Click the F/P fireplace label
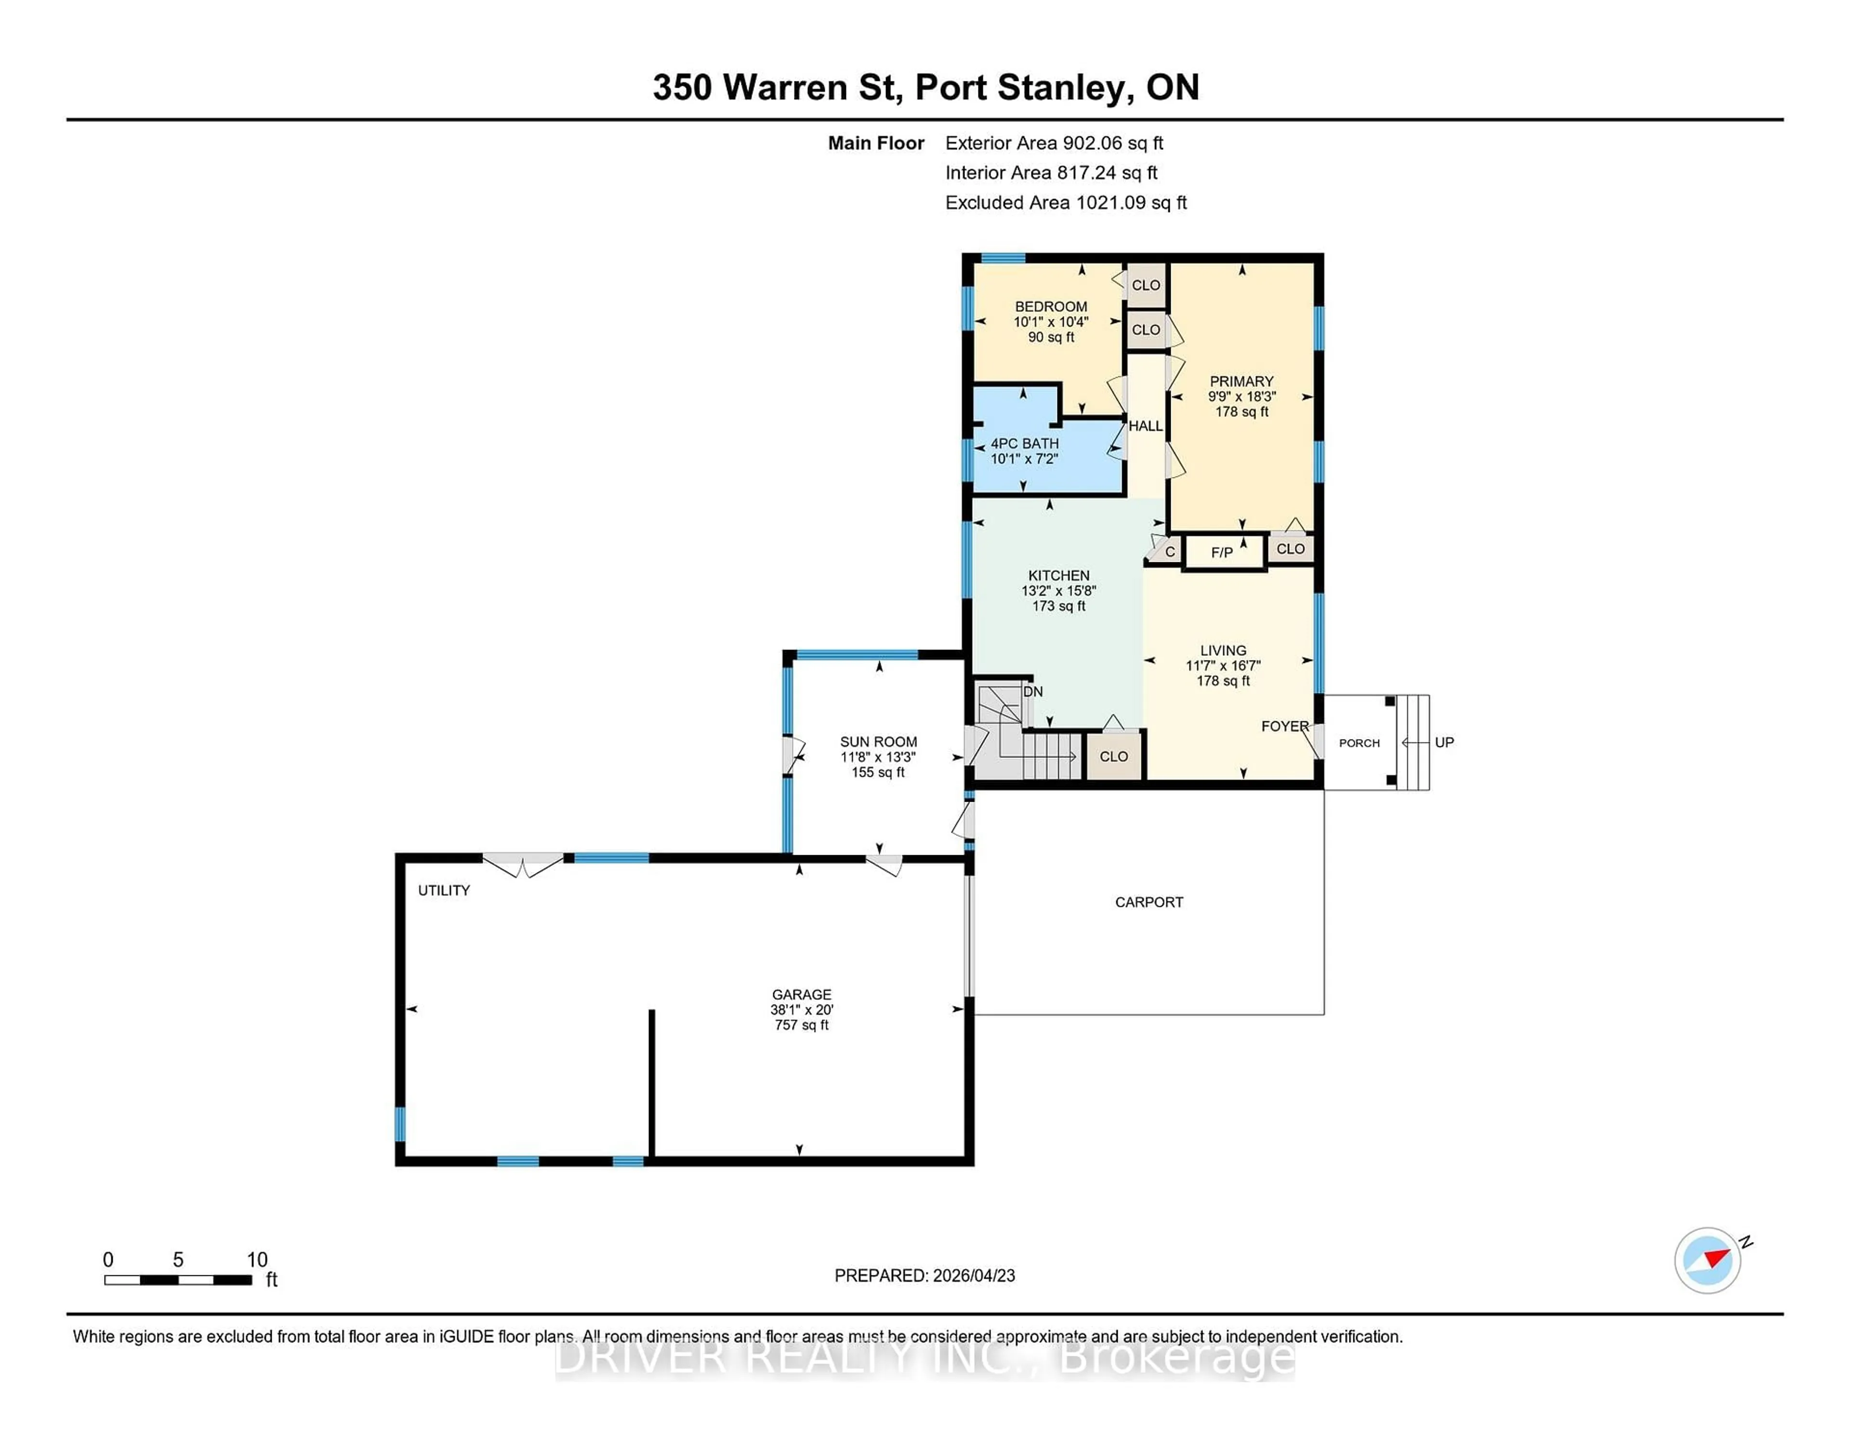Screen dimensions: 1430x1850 pos(1221,552)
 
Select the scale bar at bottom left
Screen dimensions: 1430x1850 pos(178,1279)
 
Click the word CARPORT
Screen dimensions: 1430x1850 pos(1149,902)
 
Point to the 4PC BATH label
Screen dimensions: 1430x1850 pos(1024,443)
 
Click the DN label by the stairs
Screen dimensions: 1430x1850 pos(1032,691)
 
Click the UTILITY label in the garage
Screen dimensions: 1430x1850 pos(443,890)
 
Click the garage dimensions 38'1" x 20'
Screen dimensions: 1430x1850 pos(801,1010)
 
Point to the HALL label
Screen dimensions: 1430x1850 pos(1145,426)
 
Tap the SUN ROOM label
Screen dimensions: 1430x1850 pos(878,741)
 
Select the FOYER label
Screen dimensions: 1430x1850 pos(1284,726)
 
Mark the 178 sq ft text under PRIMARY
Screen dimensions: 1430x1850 pos(1242,412)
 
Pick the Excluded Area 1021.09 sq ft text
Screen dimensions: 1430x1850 pos(1066,202)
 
